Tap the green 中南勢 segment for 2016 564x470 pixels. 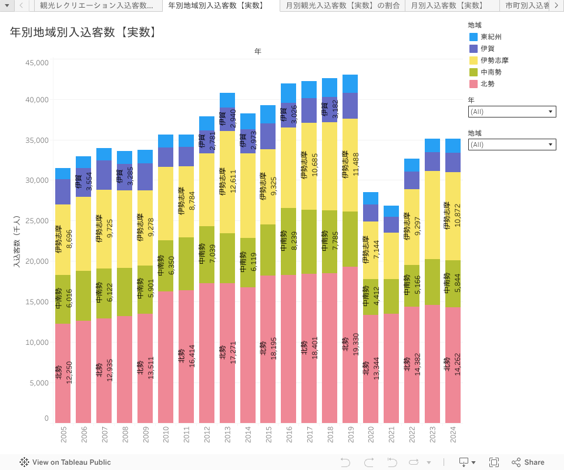coord(288,241)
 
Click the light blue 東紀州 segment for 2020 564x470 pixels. coord(371,198)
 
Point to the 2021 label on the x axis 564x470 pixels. coord(391,435)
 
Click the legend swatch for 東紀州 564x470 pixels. coord(474,37)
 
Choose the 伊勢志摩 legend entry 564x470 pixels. coord(494,61)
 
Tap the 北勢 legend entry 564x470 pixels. coord(487,84)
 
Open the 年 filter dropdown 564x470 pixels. coord(512,112)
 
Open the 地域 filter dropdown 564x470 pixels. coord(512,145)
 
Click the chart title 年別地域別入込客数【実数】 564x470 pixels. coord(84,32)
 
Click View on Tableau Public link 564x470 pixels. coord(65,462)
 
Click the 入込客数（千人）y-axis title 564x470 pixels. coord(17,241)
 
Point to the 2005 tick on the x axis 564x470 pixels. coord(63,435)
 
